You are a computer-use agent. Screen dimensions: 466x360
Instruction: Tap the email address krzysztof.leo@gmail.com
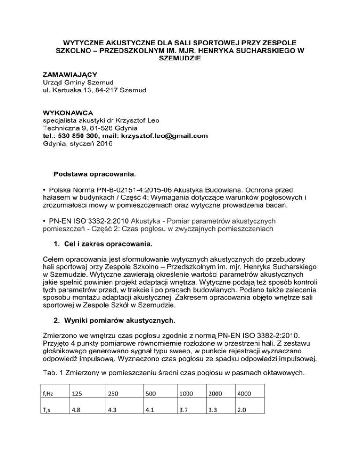[165, 136]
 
